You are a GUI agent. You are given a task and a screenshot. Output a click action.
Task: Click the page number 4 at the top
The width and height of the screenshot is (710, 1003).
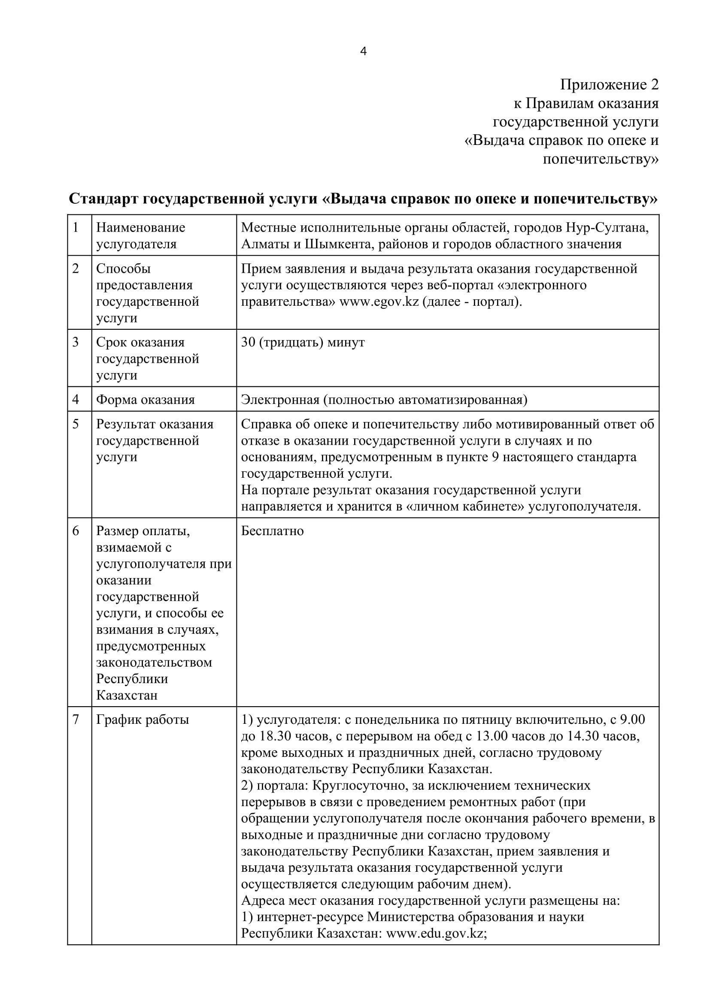[363, 51]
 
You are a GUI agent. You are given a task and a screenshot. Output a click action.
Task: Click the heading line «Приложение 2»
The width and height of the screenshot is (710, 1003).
[609, 85]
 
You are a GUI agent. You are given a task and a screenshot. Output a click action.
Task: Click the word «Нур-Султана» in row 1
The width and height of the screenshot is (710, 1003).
[607, 228]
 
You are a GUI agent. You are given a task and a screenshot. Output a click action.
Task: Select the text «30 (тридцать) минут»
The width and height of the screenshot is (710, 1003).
[303, 343]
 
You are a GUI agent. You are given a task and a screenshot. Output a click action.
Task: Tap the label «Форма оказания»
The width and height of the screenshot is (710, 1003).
[146, 400]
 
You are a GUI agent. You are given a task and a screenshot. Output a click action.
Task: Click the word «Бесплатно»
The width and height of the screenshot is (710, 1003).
[273, 531]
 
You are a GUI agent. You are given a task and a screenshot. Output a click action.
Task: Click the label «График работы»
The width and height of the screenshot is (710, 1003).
[143, 720]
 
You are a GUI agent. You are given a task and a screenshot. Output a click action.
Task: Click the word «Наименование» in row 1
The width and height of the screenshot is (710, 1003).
[141, 228]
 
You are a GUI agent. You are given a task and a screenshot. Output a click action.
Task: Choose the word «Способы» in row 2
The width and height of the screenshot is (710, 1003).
[123, 269]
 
